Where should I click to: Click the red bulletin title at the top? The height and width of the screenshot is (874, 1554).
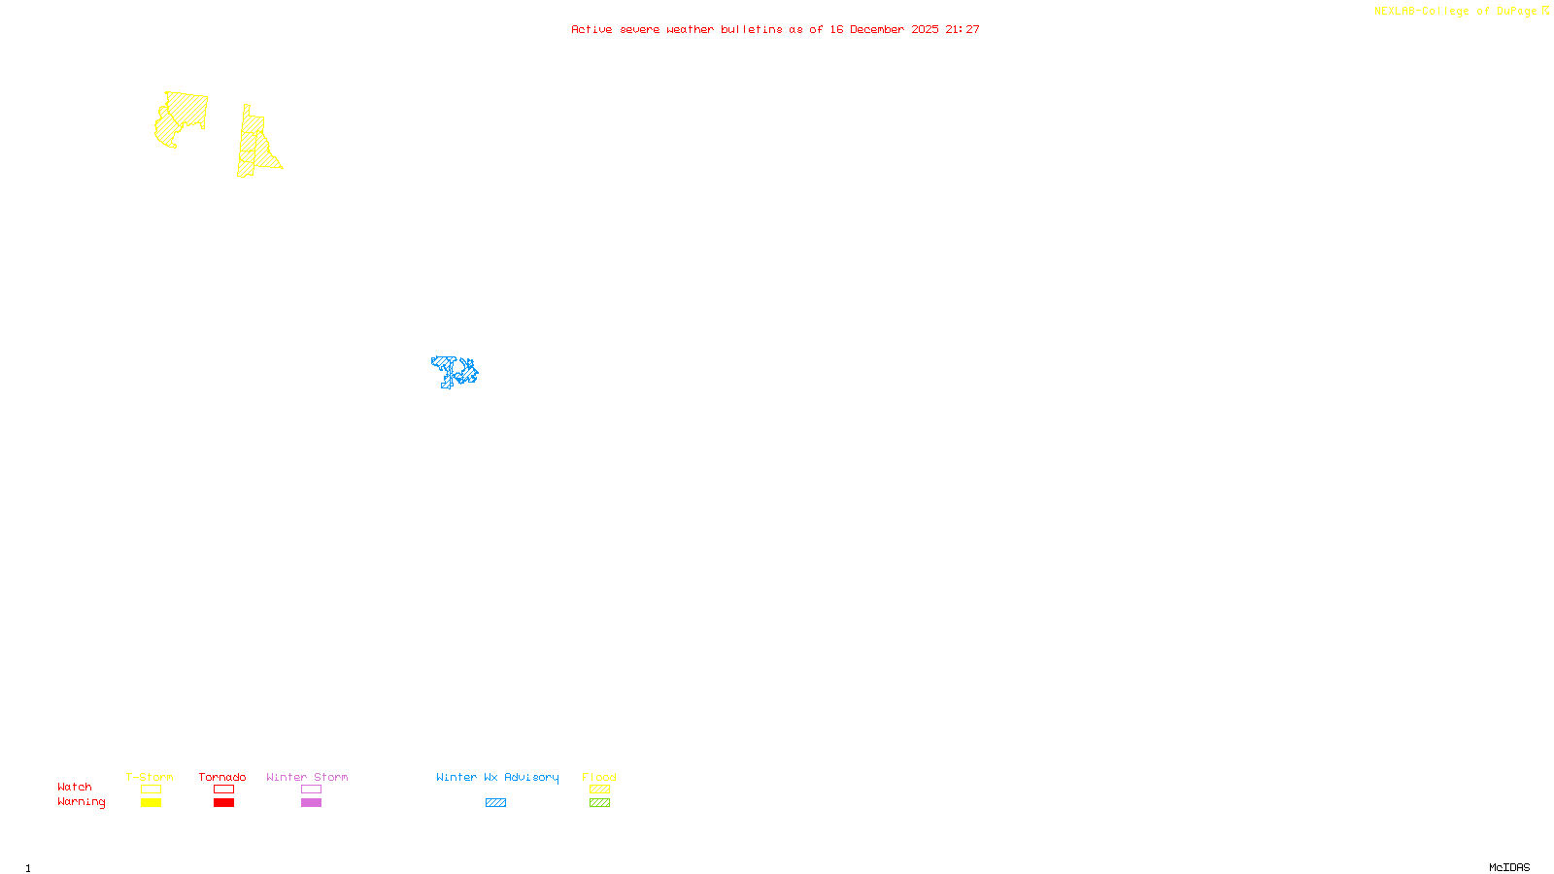774,29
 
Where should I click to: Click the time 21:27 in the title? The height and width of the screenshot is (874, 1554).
963,29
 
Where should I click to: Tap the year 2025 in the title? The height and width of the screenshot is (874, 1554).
925,29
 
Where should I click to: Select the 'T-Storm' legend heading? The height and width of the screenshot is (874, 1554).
150,777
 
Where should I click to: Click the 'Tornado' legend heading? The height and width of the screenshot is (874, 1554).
222,777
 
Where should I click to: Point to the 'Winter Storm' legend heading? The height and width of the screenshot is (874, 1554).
307,777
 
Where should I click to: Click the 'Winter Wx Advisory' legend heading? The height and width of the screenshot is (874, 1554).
497,777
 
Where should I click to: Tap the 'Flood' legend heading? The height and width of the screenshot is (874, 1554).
599,777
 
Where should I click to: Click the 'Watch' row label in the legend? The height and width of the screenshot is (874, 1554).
75,787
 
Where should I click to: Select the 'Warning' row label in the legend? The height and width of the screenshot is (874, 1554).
81,802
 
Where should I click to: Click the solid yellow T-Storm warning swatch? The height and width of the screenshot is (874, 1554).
151,803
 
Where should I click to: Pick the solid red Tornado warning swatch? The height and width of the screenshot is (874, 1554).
224,803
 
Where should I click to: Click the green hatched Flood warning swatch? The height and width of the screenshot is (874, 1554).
599,803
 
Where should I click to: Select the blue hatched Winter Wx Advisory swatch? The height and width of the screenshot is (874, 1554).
495,803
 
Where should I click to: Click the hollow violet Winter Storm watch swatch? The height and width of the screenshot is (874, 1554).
311,790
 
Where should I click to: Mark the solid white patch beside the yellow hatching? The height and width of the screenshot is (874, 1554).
161,124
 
